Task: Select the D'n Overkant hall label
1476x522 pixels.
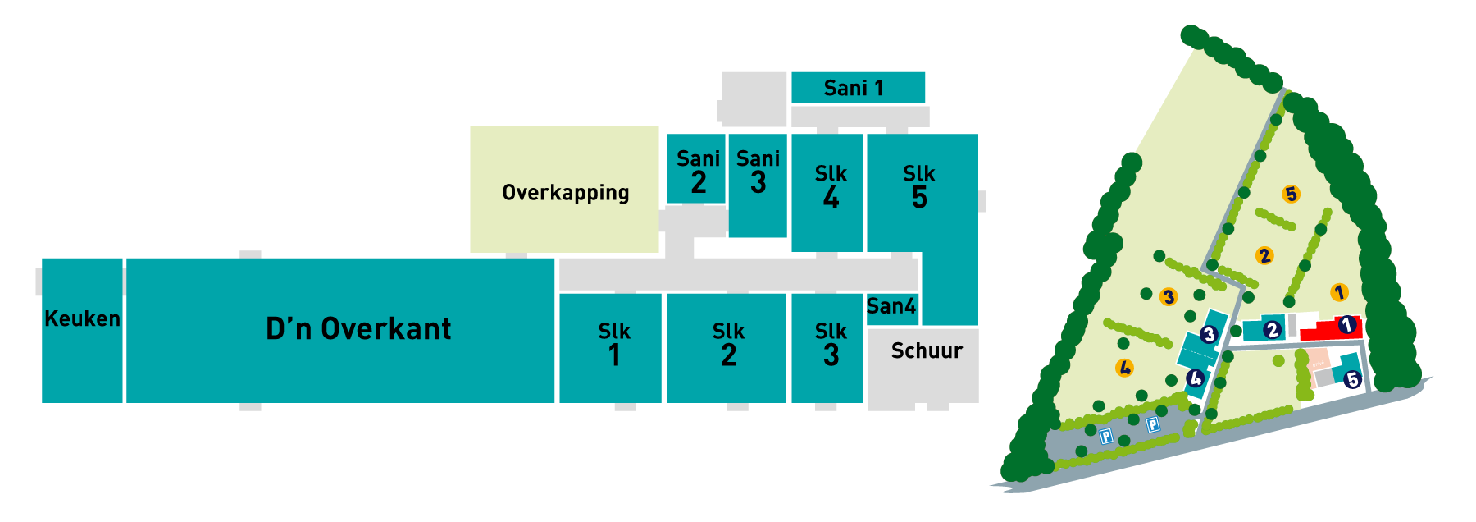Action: click(358, 329)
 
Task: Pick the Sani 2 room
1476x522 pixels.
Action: click(697, 170)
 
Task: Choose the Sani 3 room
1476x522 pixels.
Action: click(758, 171)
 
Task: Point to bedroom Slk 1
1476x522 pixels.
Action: click(613, 345)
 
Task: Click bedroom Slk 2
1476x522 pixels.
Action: click(728, 345)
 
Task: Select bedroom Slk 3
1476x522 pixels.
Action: click(830, 345)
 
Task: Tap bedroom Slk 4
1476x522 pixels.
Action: click(830, 187)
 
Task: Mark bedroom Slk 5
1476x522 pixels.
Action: click(919, 187)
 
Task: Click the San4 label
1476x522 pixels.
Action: click(891, 306)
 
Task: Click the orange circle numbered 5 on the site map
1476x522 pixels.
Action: click(1291, 195)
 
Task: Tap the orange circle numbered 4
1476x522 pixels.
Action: click(1125, 368)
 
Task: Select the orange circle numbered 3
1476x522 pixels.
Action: click(1169, 297)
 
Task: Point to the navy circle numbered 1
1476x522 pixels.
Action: click(1346, 325)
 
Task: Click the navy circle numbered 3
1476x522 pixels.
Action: click(1208, 335)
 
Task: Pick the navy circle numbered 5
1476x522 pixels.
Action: click(1352, 379)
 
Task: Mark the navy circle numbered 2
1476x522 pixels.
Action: click(1272, 330)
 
